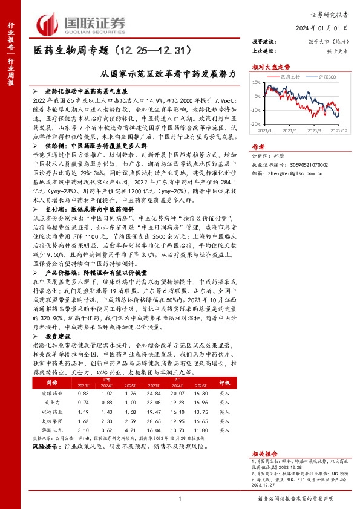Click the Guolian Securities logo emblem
pos(48,24)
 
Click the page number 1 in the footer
pos(180,498)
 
